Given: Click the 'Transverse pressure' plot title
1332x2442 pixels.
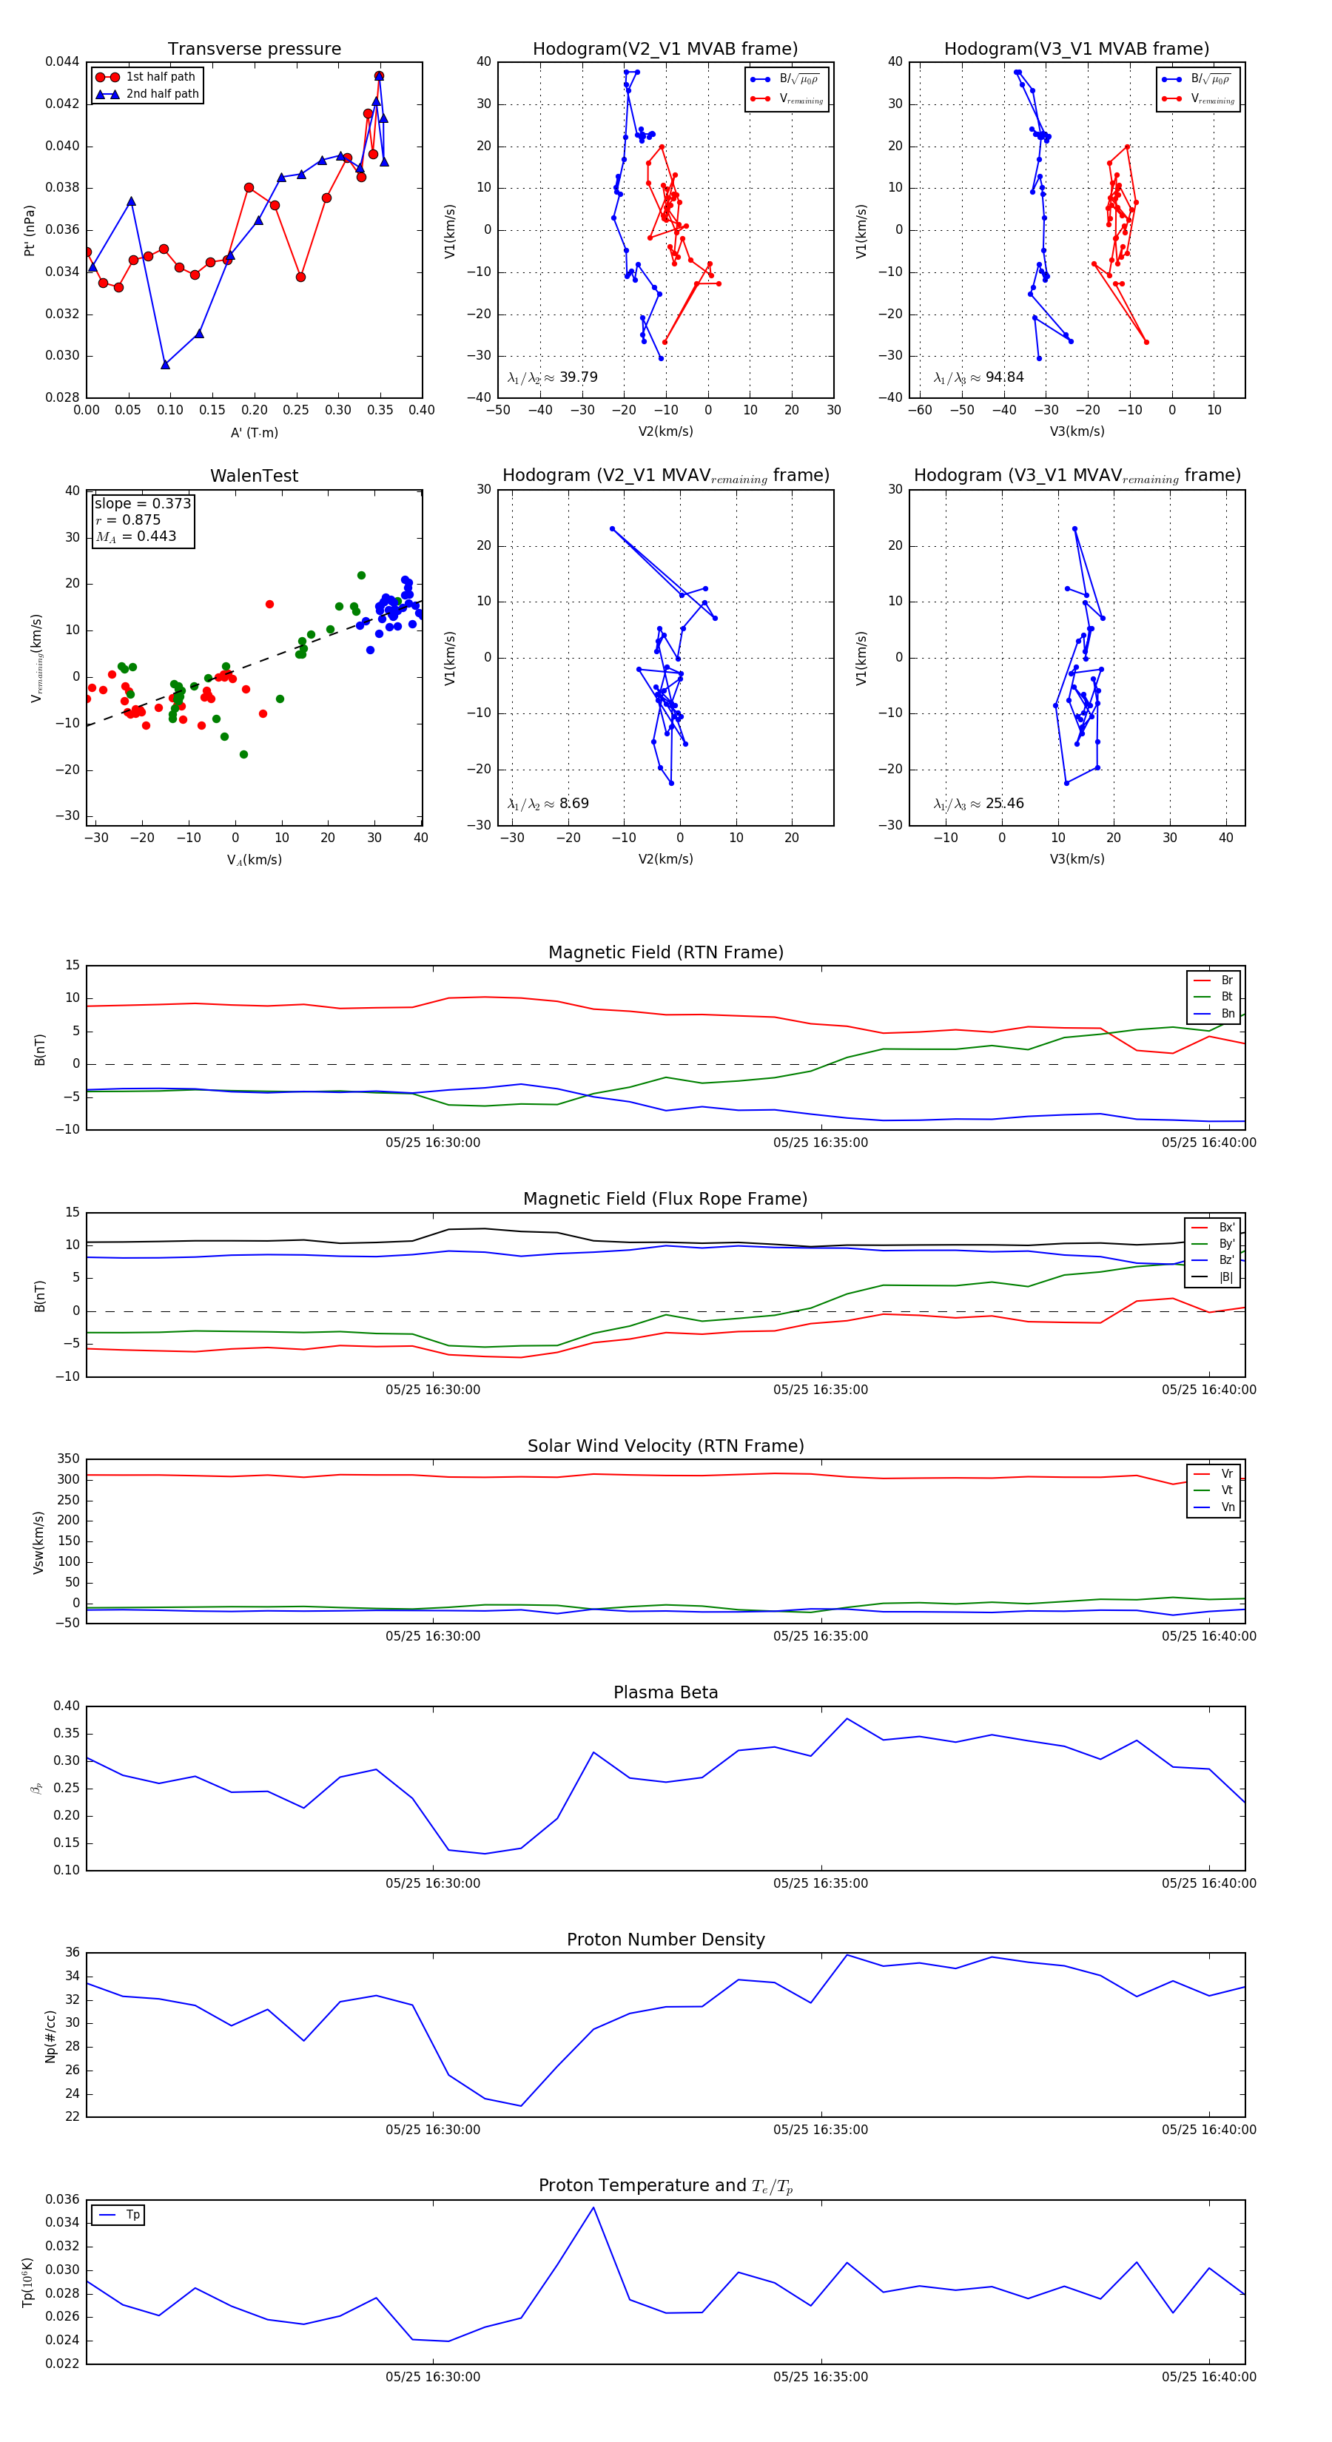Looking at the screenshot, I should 254,50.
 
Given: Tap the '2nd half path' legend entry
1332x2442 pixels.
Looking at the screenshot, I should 162,94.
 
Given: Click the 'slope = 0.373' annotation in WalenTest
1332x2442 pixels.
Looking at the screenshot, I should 142,503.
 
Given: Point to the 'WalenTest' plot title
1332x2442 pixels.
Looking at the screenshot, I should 254,476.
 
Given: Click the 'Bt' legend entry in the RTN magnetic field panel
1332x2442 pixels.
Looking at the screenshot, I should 1226,996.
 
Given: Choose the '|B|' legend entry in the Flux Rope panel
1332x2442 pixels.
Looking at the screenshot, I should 1226,1277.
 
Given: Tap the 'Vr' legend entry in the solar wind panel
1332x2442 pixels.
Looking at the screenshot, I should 1227,1474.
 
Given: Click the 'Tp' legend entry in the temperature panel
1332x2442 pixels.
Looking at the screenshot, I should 132,2216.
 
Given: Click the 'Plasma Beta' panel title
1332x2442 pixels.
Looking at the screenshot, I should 665,1693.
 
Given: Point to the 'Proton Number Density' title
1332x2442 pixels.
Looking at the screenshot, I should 665,1940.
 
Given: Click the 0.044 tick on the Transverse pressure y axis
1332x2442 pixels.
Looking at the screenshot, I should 63,61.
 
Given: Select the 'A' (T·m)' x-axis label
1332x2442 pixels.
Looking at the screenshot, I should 254,433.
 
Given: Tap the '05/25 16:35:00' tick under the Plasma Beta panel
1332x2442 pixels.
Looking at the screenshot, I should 820,1883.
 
